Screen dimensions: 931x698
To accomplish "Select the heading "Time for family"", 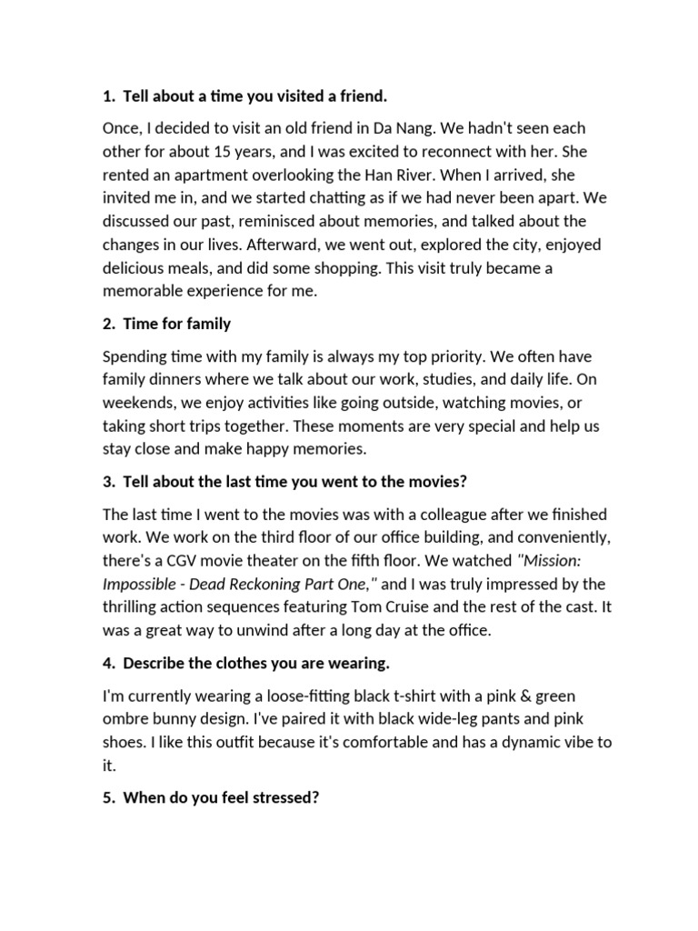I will point(176,323).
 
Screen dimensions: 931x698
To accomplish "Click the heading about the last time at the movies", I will point(294,481).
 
